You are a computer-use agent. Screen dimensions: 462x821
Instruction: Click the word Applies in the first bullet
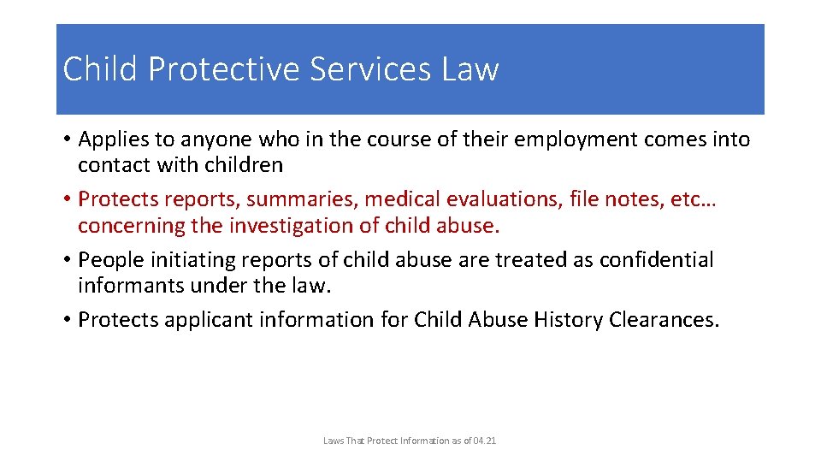click(112, 139)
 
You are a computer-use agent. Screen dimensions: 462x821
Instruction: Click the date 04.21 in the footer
click(483, 441)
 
